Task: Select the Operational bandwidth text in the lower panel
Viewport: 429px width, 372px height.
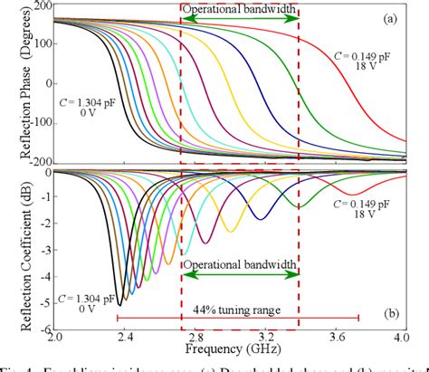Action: click(x=240, y=263)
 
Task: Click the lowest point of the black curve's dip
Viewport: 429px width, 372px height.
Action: click(x=119, y=304)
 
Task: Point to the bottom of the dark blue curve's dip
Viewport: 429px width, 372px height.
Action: click(x=261, y=218)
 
